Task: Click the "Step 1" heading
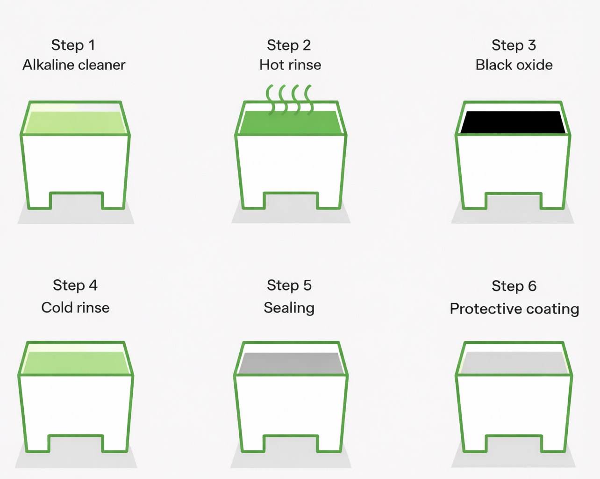pos(73,45)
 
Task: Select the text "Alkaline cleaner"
pos(74,65)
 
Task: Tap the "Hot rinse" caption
pos(290,65)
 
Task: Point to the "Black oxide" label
pos(514,65)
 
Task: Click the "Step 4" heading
pos(75,285)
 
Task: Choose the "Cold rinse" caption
pos(75,308)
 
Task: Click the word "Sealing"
pos(289,308)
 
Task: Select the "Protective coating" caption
pos(514,309)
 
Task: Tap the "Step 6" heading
pos(514,286)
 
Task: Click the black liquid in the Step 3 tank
pos(513,122)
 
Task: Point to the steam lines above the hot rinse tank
pos(289,100)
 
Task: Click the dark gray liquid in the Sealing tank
pos(291,363)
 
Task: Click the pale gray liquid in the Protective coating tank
pos(514,363)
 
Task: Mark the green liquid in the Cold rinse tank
pos(76,363)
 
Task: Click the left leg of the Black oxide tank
pos(475,201)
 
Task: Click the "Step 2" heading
pos(289,45)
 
